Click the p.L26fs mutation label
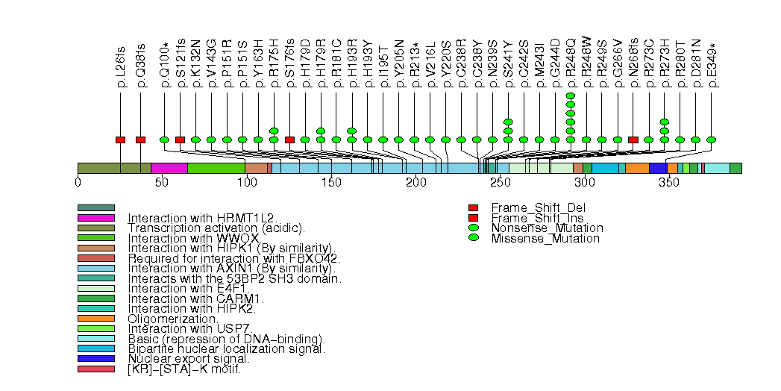pos(121,72)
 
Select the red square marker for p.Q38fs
pos(140,140)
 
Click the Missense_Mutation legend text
pos(545,239)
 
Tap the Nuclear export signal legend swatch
pos(95,358)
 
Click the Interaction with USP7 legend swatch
pos(95,328)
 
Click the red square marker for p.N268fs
pos(633,140)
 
